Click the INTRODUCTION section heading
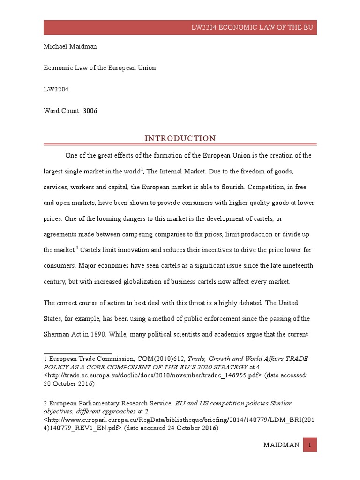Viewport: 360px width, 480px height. pyautogui.click(x=180, y=138)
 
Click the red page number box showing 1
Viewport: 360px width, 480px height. pyautogui.click(x=310, y=445)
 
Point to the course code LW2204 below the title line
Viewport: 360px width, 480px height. pyautogui.click(x=55, y=89)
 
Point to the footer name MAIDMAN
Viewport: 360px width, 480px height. pyautogui.click(x=281, y=445)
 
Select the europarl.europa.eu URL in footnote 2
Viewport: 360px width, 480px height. pyautogui.click(x=173, y=420)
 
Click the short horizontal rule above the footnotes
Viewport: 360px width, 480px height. pyautogui.click(x=78, y=352)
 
